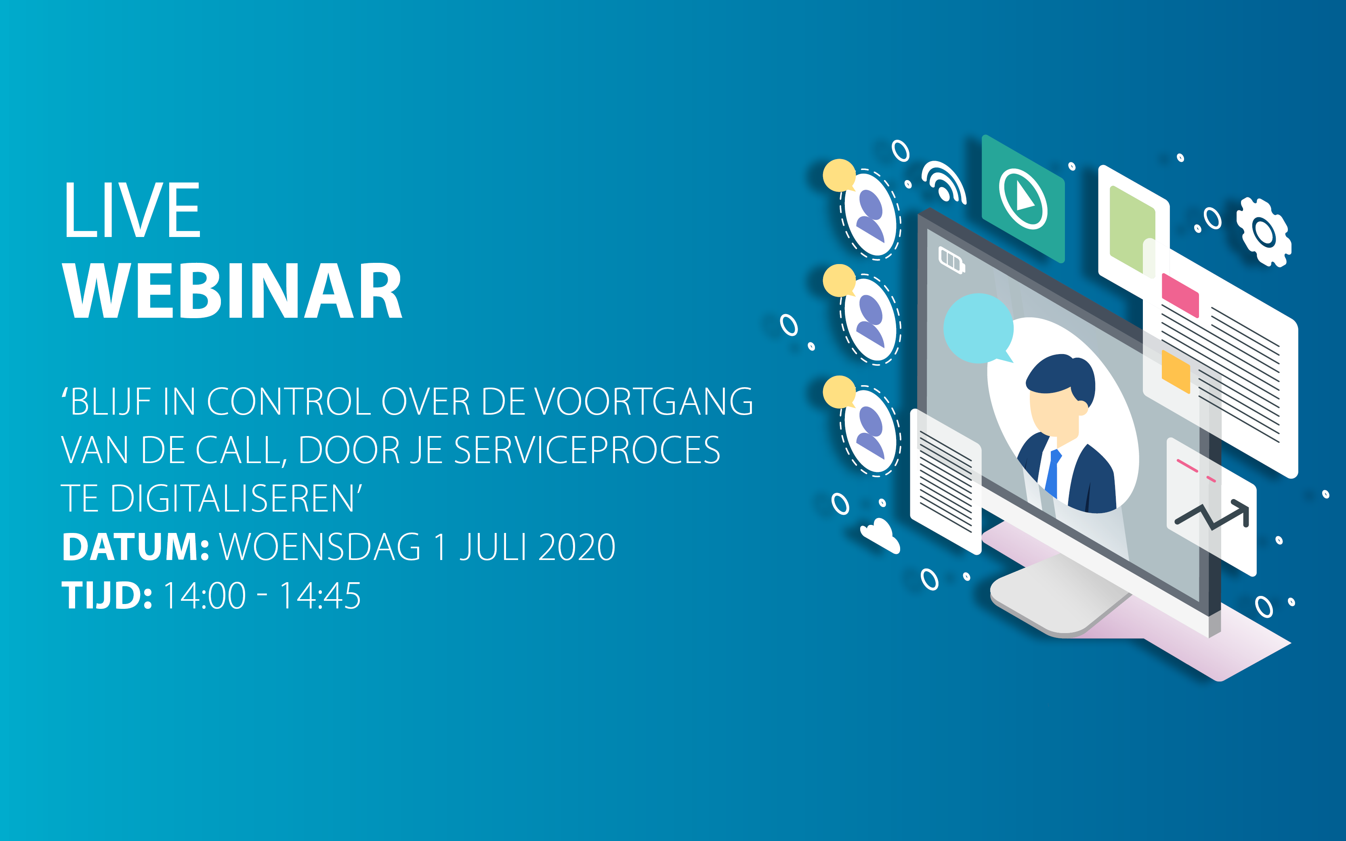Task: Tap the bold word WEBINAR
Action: pyautogui.click(x=233, y=291)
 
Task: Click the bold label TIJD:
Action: pyautogui.click(x=107, y=596)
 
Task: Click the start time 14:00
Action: pyautogui.click(x=205, y=596)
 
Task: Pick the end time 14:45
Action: pyautogui.click(x=320, y=596)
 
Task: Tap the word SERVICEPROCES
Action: pyautogui.click(x=587, y=450)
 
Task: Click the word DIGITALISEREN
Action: pyautogui.click(x=233, y=498)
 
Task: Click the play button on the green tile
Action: pyautogui.click(x=1023, y=199)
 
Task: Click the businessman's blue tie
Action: pyautogui.click(x=1052, y=472)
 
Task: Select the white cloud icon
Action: pyautogui.click(x=880, y=535)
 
